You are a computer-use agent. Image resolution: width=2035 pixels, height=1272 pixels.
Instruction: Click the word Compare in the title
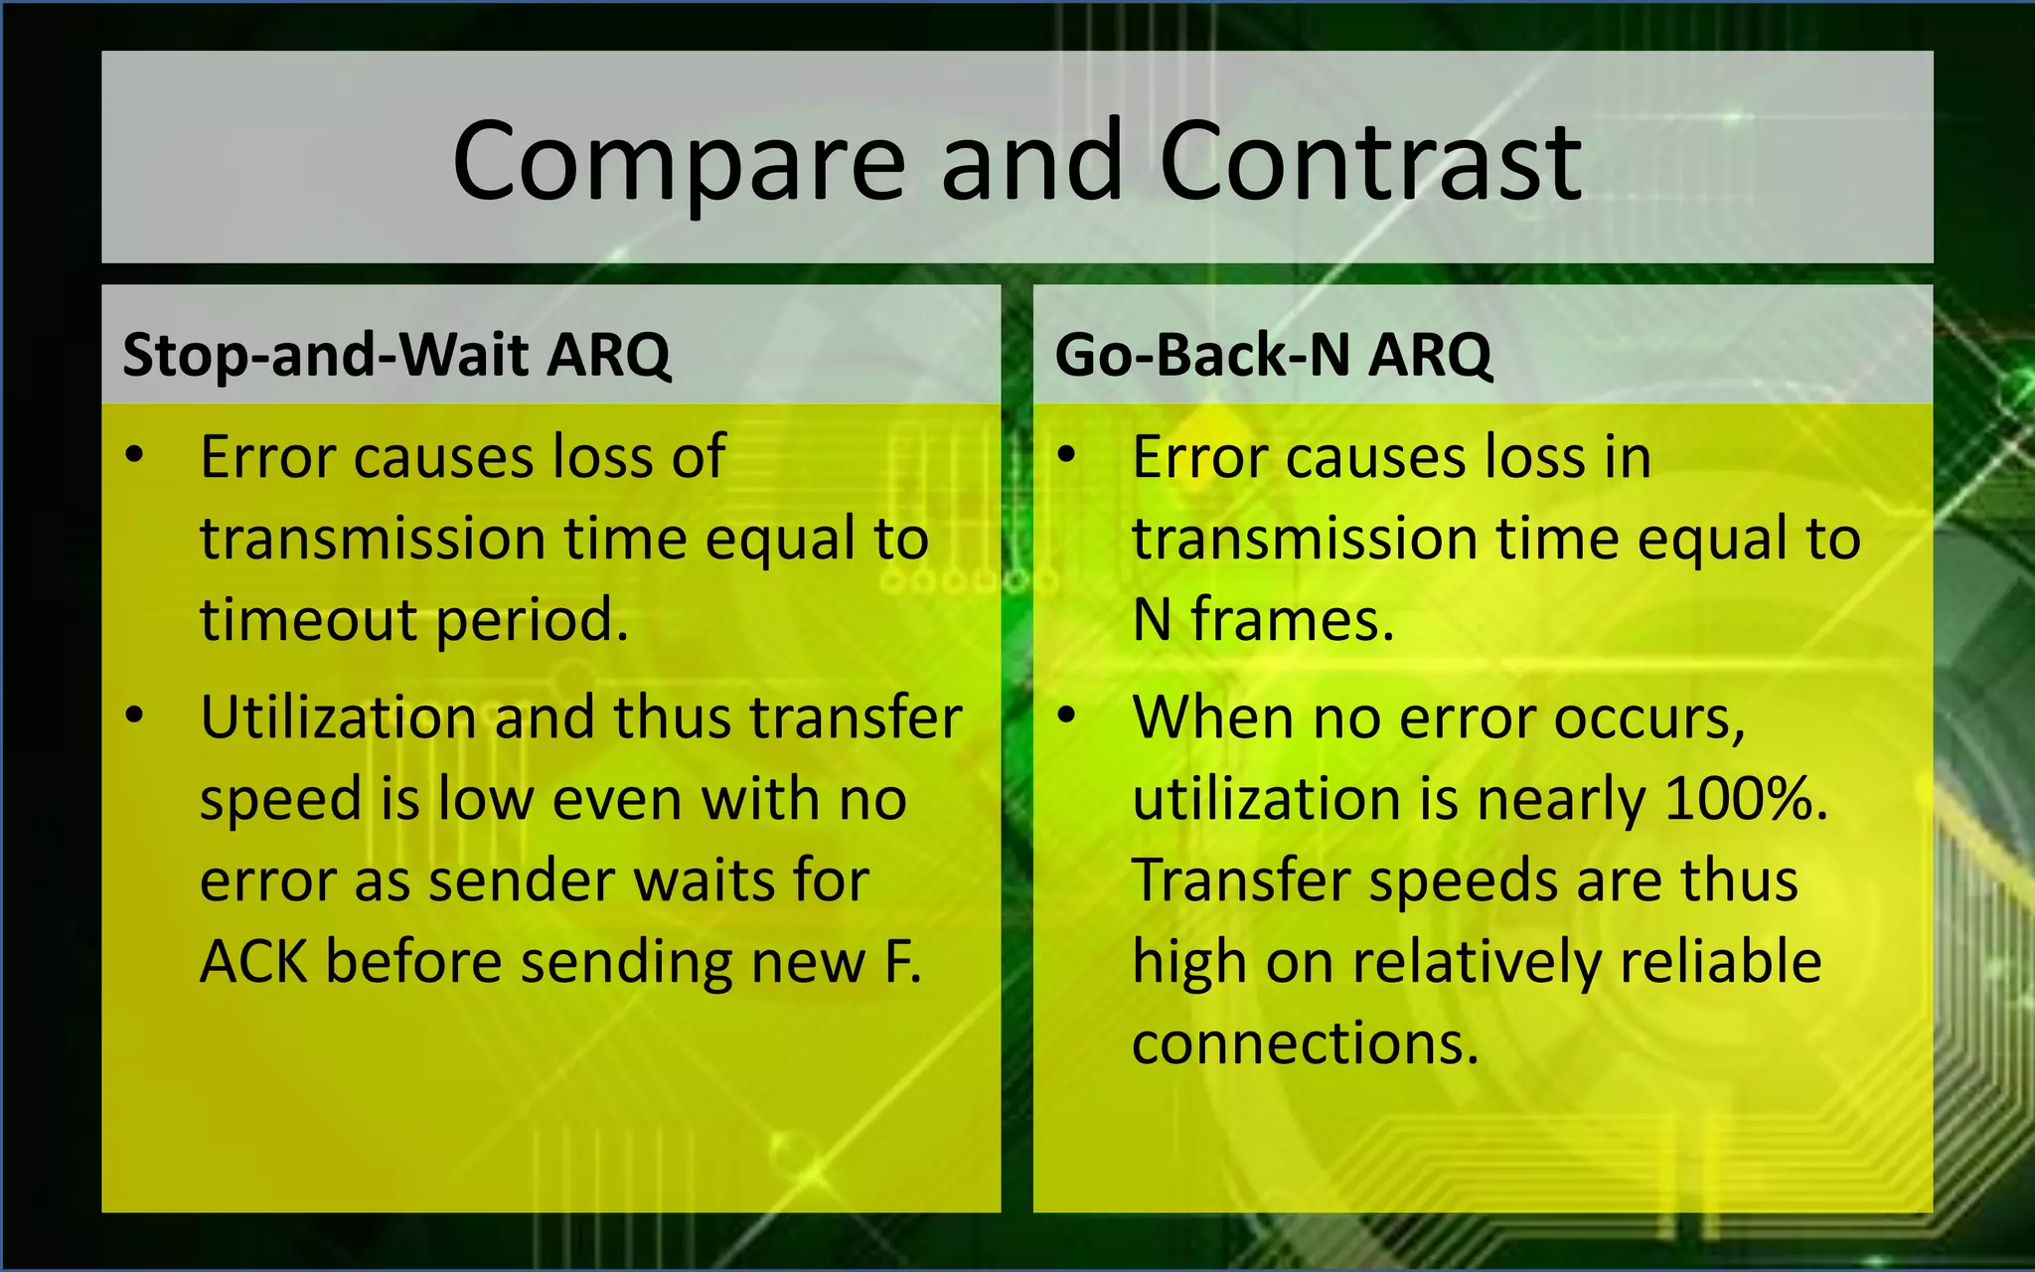pos(679,162)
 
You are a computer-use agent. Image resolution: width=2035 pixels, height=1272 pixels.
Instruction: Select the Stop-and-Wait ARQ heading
pos(396,355)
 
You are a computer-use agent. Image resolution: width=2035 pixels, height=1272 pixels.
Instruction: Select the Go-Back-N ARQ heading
pos(1273,355)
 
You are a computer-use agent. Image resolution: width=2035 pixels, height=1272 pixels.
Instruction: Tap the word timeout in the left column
pos(309,620)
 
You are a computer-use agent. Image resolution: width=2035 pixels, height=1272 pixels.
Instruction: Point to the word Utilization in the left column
pos(339,717)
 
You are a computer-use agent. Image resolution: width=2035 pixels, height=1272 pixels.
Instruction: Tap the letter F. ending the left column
pos(902,962)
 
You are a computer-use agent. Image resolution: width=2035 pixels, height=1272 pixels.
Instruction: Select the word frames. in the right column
pos(1293,620)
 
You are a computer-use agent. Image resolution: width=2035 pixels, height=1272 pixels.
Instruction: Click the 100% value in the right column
pos(1746,799)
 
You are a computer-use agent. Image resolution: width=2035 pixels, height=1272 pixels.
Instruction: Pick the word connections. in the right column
pos(1305,1043)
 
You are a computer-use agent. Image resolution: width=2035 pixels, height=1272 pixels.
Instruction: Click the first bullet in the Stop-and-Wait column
pos(135,456)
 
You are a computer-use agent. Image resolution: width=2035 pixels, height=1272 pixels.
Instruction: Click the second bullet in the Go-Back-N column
pos(1066,715)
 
